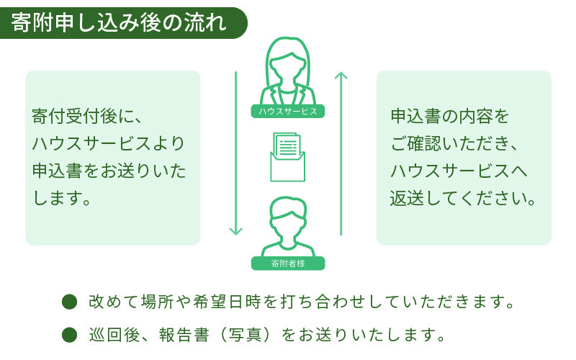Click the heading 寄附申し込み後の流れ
point(119,22)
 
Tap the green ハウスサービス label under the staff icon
point(288,112)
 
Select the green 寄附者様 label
point(288,264)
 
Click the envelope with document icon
point(287,157)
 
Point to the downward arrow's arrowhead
point(235,230)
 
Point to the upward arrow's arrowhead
point(341,75)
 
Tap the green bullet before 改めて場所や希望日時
point(70,301)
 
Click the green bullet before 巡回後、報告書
point(70,334)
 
